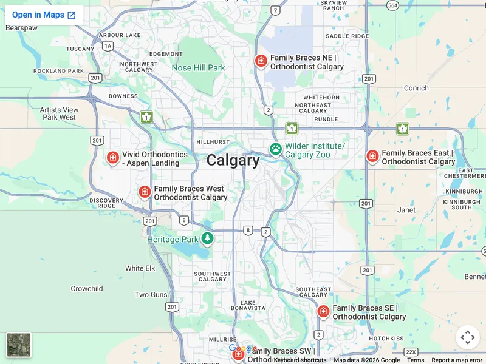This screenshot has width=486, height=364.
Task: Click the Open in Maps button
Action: click(44, 15)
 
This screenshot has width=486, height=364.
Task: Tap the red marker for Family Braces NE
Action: click(261, 61)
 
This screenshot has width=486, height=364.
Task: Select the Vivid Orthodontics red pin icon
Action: click(112, 158)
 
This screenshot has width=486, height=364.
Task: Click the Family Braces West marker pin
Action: click(145, 192)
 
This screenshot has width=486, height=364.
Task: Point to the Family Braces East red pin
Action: click(372, 156)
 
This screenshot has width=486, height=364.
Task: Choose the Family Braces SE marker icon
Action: click(323, 311)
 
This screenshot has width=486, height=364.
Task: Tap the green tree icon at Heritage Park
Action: click(208, 238)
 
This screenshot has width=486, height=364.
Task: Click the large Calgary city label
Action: click(233, 161)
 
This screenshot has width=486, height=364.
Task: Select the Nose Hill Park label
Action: click(198, 68)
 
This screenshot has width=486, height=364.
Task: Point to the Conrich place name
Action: click(416, 88)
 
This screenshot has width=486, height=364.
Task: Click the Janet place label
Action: click(406, 210)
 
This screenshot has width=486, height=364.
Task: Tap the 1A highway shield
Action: click(108, 46)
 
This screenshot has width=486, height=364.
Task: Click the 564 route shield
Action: click(393, 5)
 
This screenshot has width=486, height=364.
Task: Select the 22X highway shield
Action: click(411, 352)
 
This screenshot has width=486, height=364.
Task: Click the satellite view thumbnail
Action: click(19, 345)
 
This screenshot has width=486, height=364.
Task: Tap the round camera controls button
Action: click(467, 337)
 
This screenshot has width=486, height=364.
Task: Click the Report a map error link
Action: click(457, 360)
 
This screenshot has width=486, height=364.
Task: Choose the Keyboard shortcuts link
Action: click(300, 360)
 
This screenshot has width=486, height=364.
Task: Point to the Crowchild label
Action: click(87, 289)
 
